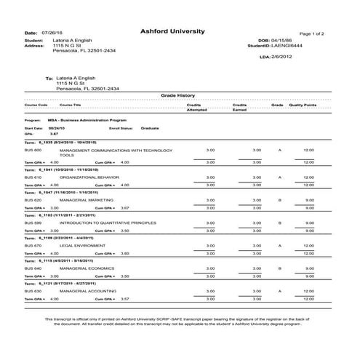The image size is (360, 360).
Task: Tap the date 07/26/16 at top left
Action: (54, 33)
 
